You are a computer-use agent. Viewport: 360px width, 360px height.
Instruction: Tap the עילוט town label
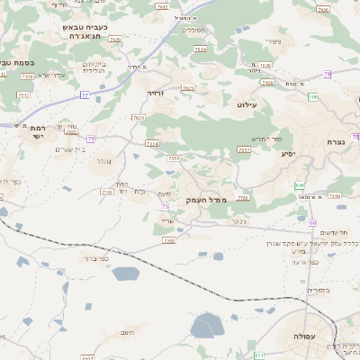point(247,105)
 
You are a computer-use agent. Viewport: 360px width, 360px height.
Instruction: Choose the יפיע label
point(288,154)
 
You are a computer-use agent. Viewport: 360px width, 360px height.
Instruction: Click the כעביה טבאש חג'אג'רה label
point(81,33)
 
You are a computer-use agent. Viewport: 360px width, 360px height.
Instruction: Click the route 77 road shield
point(85,94)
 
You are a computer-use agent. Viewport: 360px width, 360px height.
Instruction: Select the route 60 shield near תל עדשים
point(312,221)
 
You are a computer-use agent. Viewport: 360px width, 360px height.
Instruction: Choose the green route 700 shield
point(313,96)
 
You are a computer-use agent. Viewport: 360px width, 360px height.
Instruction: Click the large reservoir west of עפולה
point(207,325)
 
